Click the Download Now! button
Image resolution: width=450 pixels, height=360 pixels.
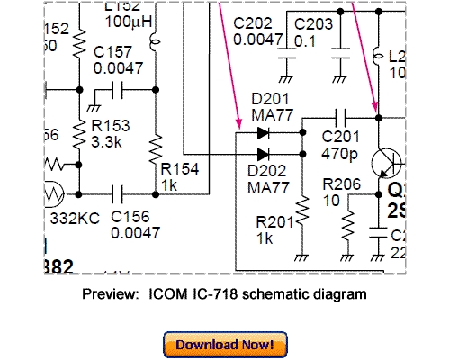click(225, 345)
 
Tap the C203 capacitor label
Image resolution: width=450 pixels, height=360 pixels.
click(313, 22)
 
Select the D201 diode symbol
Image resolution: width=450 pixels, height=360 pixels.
click(263, 132)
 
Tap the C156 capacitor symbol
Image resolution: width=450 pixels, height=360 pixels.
click(117, 193)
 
